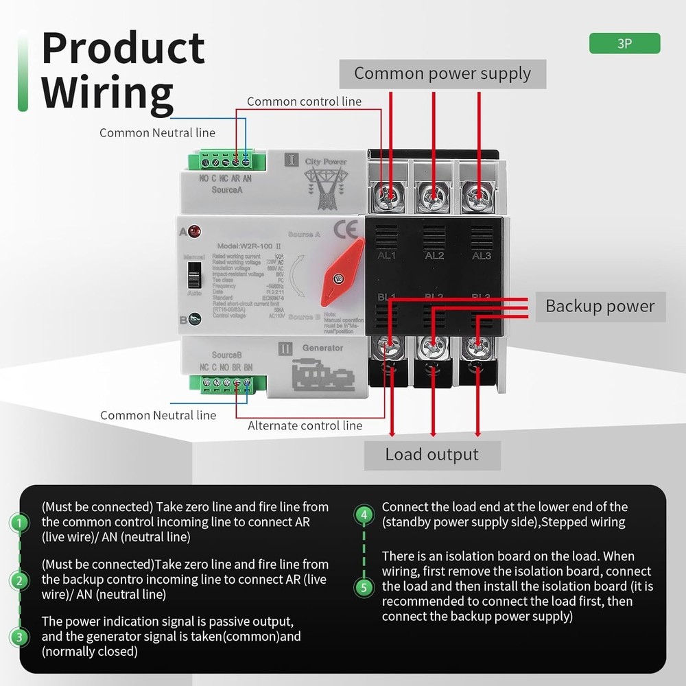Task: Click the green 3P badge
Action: tap(624, 43)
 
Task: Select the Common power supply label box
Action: tap(442, 74)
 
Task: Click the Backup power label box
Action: tap(600, 306)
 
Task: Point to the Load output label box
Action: tap(432, 455)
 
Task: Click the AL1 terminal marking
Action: tap(387, 256)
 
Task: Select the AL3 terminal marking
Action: tap(482, 256)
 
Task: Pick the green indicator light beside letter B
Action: tap(195, 318)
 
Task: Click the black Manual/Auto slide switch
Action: tap(193, 274)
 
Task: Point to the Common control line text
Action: tap(304, 102)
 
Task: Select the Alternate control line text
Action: tap(305, 425)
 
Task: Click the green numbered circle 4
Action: tap(364, 514)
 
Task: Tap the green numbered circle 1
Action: tap(21, 523)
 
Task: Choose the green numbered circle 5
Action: tap(364, 587)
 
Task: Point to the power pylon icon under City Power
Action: tap(322, 189)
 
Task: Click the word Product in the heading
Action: tap(123, 48)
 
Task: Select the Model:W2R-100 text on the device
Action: tap(245, 246)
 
